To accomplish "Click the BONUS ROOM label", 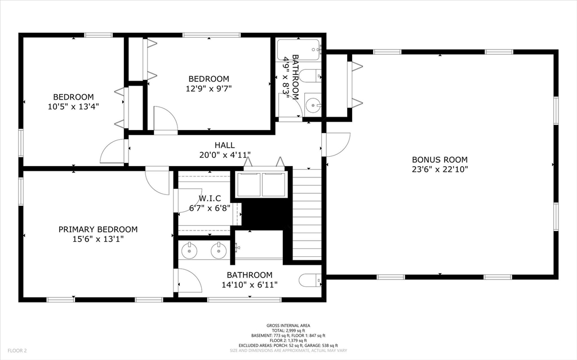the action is pyautogui.click(x=440, y=160).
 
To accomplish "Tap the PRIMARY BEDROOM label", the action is pyautogui.click(x=98, y=229).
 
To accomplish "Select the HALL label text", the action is pyautogui.click(x=225, y=145).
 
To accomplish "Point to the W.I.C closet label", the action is pyautogui.click(x=210, y=198).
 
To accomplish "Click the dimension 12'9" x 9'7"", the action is pyautogui.click(x=208, y=88).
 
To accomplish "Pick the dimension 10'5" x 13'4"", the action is pyautogui.click(x=73, y=106).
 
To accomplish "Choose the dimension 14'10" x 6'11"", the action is pyautogui.click(x=250, y=285).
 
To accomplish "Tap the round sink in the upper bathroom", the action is pyautogui.click(x=313, y=106).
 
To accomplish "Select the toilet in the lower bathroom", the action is pyautogui.click(x=310, y=281).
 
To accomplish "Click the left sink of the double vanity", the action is pyautogui.click(x=189, y=251).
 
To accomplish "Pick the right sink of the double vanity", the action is pyautogui.click(x=218, y=251).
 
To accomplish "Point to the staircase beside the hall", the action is pyautogui.click(x=307, y=214).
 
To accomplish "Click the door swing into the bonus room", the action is pyautogui.click(x=337, y=144).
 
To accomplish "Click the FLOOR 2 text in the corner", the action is pyautogui.click(x=17, y=351).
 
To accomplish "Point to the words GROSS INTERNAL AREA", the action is pyautogui.click(x=288, y=326).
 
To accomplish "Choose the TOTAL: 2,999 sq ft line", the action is pyautogui.click(x=288, y=331).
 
